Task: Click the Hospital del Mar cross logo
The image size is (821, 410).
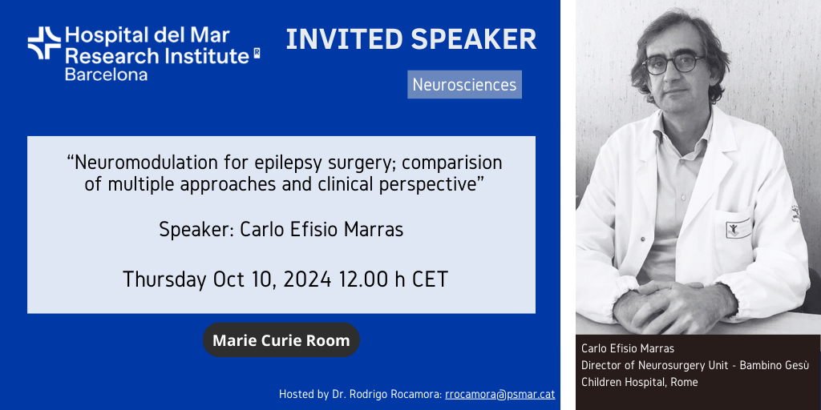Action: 44,43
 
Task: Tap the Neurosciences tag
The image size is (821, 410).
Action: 464,85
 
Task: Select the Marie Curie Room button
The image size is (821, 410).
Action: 281,340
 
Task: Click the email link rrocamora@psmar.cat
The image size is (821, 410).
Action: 500,394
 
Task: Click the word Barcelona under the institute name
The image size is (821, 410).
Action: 106,74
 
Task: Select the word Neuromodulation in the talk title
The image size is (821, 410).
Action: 135,163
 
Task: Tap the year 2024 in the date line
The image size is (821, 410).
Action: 307,279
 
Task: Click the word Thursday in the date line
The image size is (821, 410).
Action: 164,279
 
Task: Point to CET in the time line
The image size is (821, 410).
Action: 430,279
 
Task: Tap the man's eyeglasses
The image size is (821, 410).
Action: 673,64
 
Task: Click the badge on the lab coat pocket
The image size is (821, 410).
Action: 734,228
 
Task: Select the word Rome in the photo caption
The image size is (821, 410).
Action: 686,382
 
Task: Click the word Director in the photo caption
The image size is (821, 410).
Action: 598,365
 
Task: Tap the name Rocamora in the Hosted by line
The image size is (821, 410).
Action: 418,394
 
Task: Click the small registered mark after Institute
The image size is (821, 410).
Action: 257,52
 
